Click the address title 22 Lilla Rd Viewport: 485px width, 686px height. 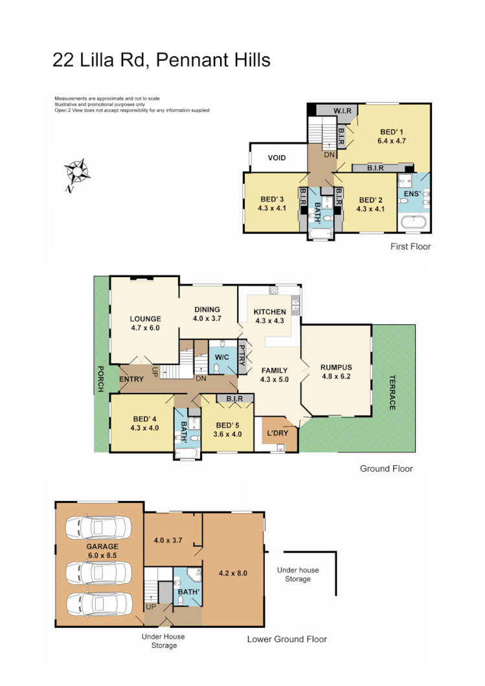pos(161,60)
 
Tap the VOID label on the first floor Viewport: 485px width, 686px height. pos(276,157)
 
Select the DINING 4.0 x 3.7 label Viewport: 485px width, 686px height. pos(207,314)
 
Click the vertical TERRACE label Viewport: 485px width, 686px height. pos(392,392)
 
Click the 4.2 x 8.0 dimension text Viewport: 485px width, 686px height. pos(233,573)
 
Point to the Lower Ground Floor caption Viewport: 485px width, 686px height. pos(287,639)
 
